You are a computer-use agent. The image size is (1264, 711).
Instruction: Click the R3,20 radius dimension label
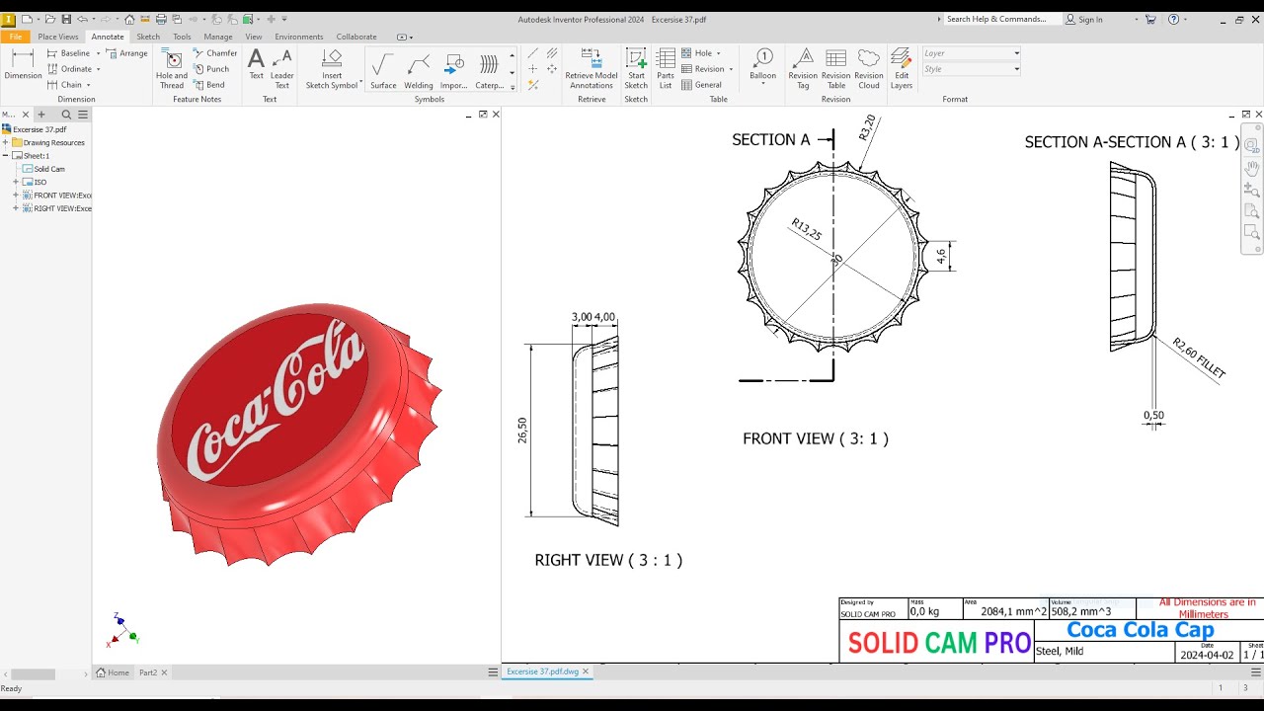click(x=868, y=129)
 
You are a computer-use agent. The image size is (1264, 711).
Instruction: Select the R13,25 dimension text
click(x=806, y=230)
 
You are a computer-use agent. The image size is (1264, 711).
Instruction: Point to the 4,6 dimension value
click(x=941, y=256)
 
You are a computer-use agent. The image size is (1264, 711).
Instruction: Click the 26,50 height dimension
click(x=522, y=431)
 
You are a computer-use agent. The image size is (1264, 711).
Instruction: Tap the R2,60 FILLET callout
click(x=1199, y=358)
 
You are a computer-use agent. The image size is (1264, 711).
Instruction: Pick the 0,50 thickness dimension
click(x=1153, y=416)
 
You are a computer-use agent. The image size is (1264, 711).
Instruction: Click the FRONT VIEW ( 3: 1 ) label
click(x=815, y=438)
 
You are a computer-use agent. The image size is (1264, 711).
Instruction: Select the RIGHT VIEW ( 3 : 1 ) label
click(x=608, y=560)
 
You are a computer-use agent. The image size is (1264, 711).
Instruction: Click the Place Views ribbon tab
click(x=57, y=37)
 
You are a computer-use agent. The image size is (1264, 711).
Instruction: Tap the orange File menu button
click(x=15, y=37)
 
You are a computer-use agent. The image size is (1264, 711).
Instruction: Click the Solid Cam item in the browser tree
click(x=49, y=169)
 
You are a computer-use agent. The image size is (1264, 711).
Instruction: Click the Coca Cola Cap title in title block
click(x=1141, y=630)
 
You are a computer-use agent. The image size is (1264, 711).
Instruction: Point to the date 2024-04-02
click(x=1205, y=655)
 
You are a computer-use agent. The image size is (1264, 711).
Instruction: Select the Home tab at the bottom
click(x=113, y=672)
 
